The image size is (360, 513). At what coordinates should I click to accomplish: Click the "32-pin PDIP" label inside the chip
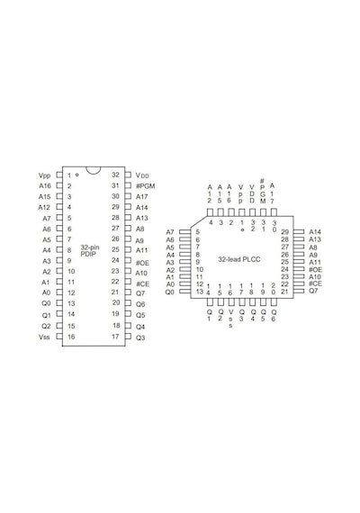click(90, 250)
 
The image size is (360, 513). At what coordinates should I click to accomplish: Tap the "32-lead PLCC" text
click(239, 259)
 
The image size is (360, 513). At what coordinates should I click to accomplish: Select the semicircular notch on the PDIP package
click(93, 171)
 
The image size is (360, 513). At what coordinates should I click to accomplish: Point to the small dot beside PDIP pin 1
click(76, 175)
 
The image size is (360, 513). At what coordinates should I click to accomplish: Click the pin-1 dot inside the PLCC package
click(242, 230)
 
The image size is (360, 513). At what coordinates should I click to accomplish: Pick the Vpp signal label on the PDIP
click(44, 175)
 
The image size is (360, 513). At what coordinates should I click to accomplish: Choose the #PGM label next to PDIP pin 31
click(145, 185)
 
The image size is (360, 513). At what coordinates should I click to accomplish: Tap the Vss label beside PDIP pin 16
click(44, 337)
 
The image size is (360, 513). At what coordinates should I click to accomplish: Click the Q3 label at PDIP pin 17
click(140, 337)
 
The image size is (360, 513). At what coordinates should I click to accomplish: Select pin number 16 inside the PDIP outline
click(71, 337)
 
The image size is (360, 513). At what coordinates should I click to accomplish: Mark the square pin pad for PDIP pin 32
click(128, 175)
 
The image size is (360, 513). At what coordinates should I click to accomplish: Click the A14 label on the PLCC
click(315, 231)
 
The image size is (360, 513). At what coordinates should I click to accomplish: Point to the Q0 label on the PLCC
click(169, 292)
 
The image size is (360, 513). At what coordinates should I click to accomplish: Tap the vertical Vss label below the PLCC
click(230, 319)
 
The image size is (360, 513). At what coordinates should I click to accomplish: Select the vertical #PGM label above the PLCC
click(263, 191)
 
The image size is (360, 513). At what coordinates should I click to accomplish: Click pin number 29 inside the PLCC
click(284, 231)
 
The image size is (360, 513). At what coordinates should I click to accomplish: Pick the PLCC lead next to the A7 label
click(184, 231)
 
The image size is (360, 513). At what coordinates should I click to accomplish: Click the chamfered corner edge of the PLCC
click(199, 221)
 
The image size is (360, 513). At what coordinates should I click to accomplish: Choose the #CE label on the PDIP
click(143, 284)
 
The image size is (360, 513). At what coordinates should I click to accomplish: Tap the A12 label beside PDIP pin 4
click(44, 207)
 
